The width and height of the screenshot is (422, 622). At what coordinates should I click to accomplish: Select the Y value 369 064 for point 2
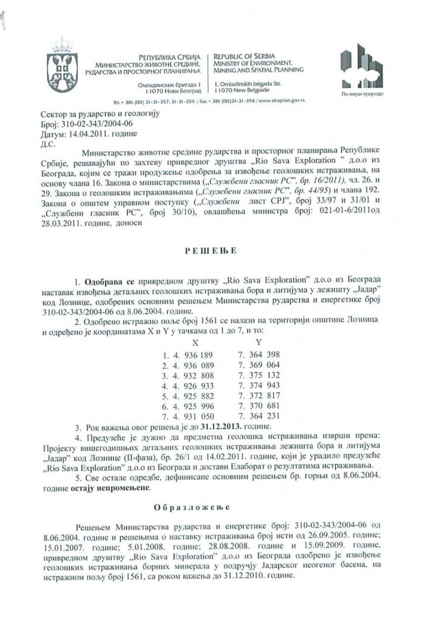271,366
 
